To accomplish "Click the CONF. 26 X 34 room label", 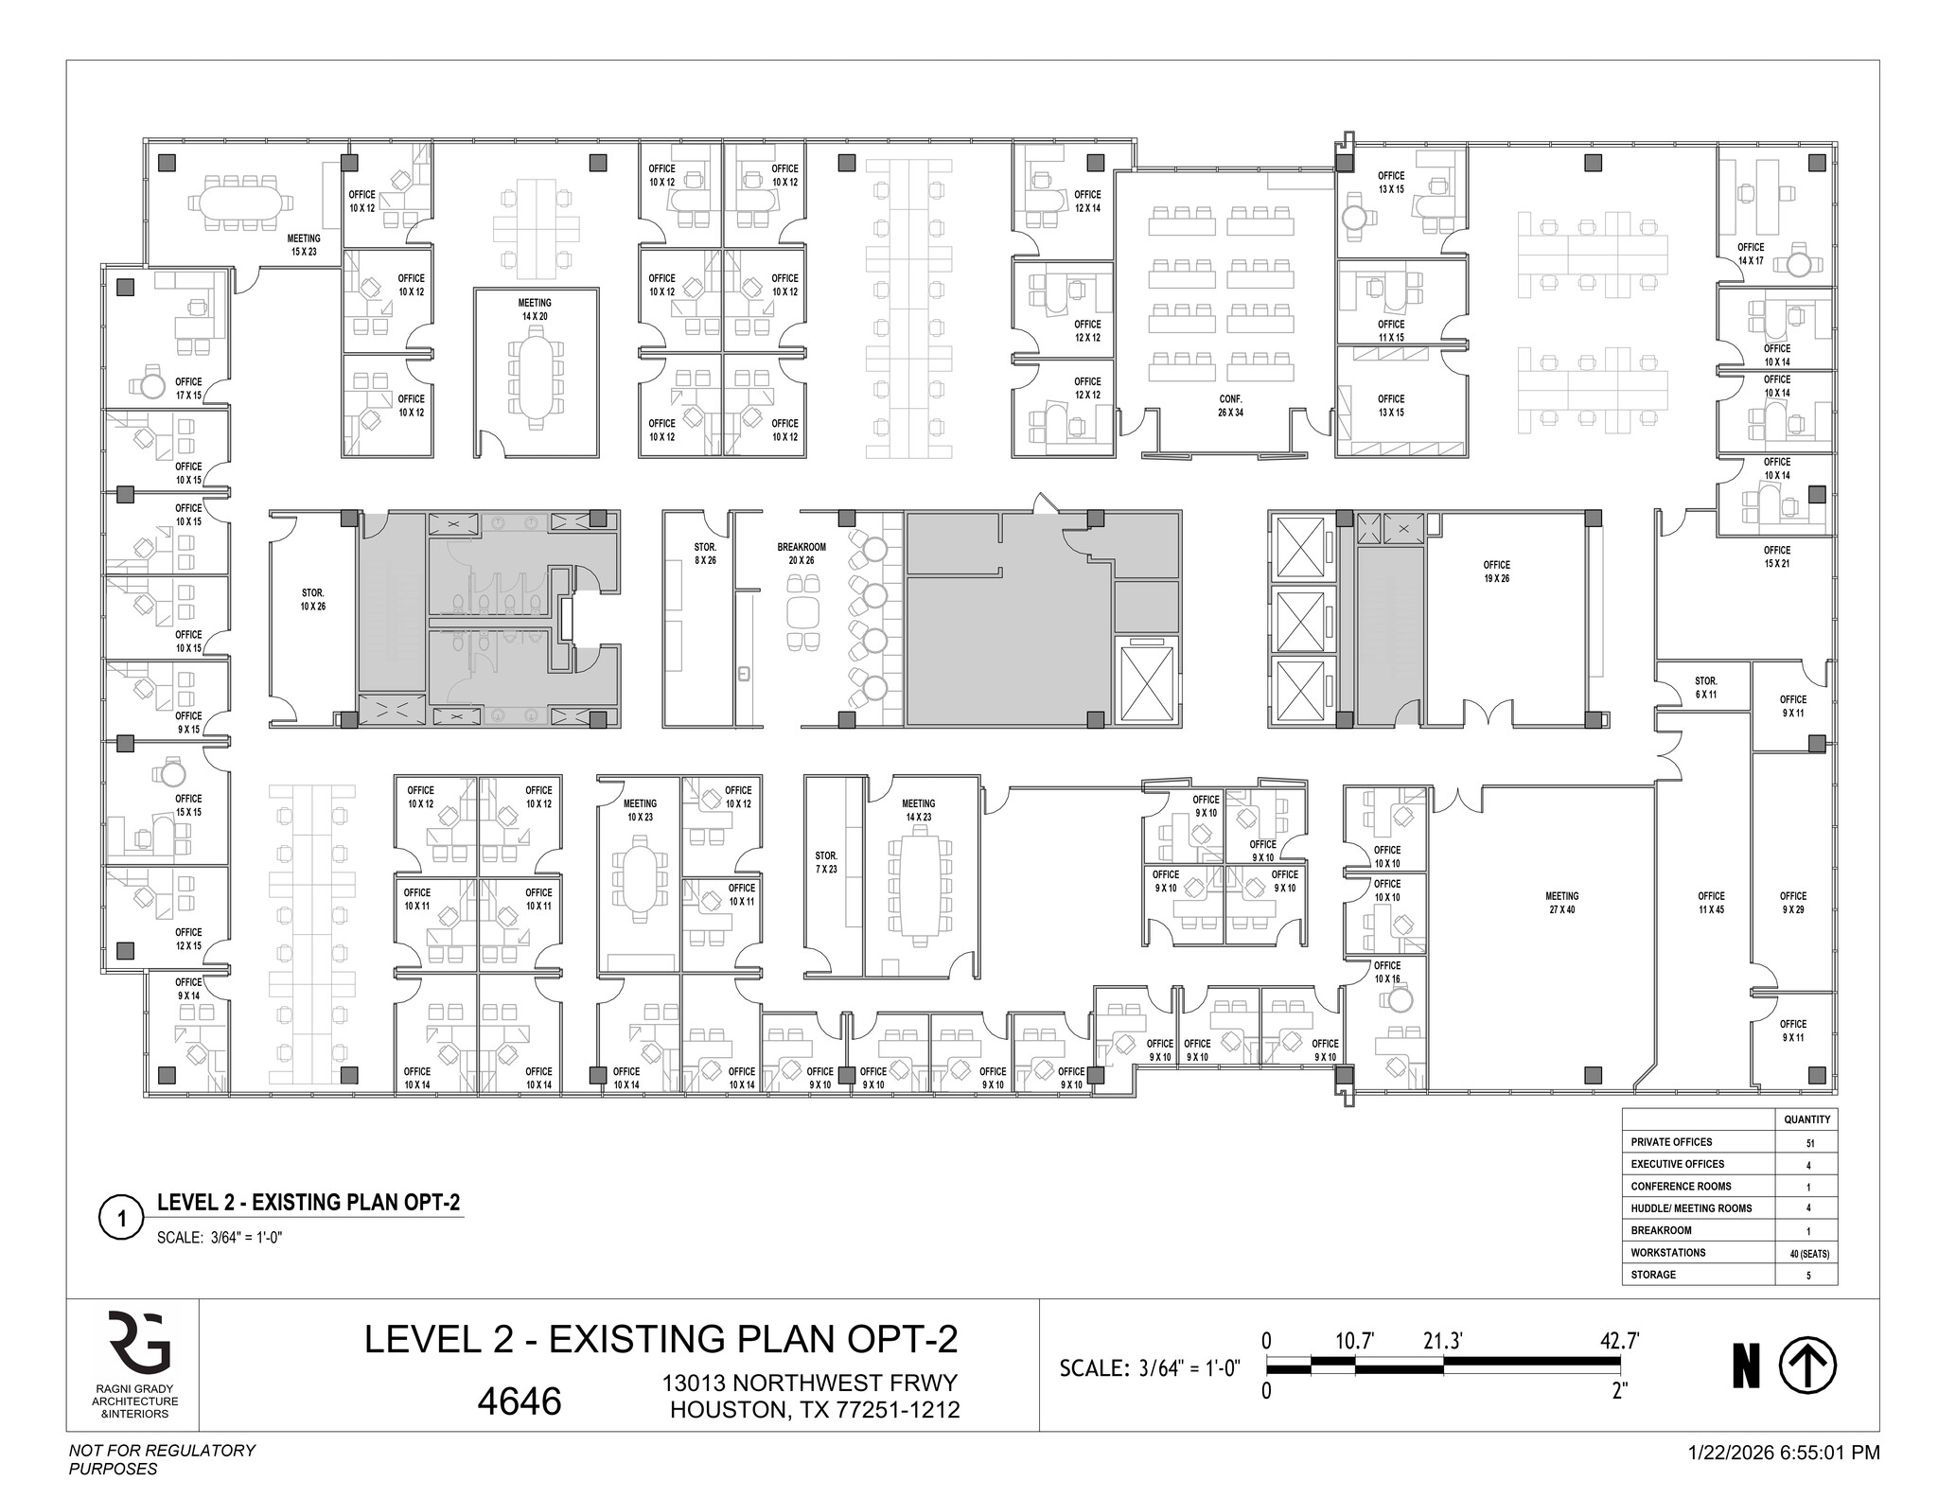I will pos(1230,406).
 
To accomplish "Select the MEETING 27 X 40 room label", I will pos(1561,903).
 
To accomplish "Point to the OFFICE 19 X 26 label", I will pos(1496,572).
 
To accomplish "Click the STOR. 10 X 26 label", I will pos(313,599).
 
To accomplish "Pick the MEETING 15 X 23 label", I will pos(304,245).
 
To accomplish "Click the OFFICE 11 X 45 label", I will pos(1711,903).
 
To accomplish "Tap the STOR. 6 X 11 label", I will pos(1705,687).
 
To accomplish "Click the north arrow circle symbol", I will pos(1807,1366).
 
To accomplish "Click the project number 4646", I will pos(519,1401).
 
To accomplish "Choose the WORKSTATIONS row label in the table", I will pos(1667,1253).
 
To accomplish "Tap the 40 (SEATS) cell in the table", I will pos(1809,1254).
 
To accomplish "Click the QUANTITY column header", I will pos(1807,1119).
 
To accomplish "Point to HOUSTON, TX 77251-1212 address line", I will pos(815,1410).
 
